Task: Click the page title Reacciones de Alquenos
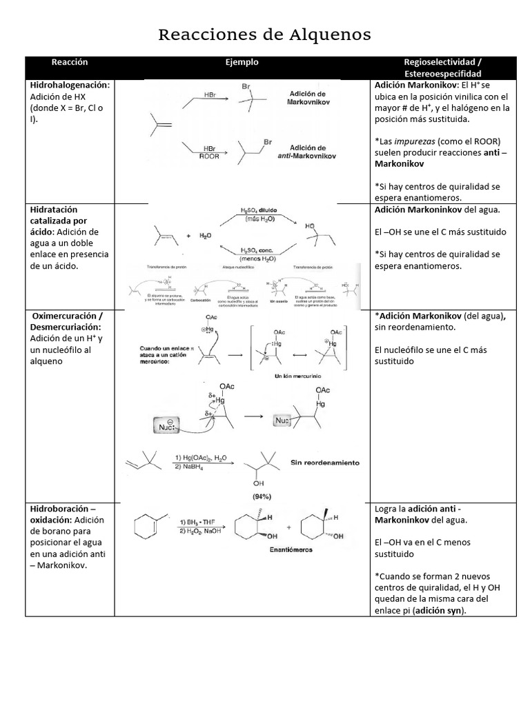point(264,34)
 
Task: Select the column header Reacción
point(70,62)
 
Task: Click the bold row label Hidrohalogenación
point(70,85)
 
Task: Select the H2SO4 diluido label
point(258,210)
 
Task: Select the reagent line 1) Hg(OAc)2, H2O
point(201,458)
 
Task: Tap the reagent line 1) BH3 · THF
point(201,522)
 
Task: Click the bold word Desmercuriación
point(66,326)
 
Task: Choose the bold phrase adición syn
point(438,610)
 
